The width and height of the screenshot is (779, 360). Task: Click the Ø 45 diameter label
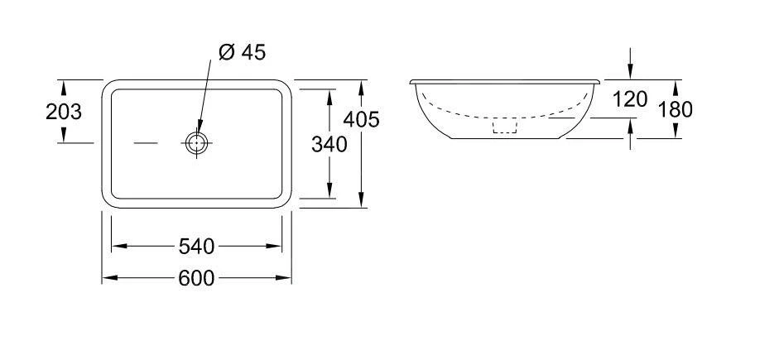(243, 52)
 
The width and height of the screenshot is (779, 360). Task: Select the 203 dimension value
(64, 113)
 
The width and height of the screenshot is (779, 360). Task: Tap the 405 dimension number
(361, 119)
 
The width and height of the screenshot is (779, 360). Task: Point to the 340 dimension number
(329, 145)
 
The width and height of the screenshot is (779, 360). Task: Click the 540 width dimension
(196, 247)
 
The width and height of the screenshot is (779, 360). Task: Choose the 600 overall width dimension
(196, 278)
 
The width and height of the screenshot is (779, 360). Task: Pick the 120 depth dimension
(630, 99)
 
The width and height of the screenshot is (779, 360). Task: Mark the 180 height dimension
(676, 109)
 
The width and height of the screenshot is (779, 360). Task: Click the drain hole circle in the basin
(197, 142)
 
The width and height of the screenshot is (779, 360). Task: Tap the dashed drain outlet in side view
(505, 126)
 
